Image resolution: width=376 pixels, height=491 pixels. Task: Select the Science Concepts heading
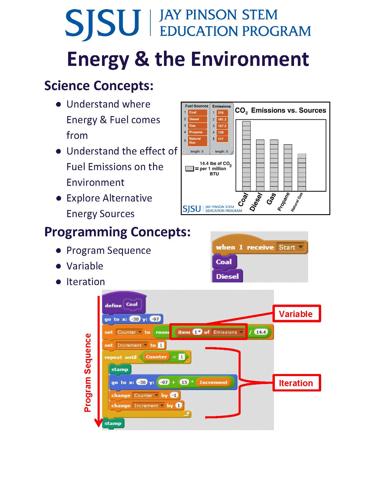click(99, 86)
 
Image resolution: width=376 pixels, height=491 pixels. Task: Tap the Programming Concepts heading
click(117, 232)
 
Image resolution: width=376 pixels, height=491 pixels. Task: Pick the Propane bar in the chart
click(288, 168)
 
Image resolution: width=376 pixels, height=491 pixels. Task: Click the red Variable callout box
click(296, 314)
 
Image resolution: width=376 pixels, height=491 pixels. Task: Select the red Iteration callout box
click(296, 383)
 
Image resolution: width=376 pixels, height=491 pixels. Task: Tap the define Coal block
click(124, 305)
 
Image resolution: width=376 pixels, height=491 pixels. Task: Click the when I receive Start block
click(260, 247)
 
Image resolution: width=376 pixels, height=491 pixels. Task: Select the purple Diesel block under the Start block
click(227, 277)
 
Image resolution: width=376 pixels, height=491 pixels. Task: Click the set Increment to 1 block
click(134, 345)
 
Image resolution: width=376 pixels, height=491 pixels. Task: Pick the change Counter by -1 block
click(145, 395)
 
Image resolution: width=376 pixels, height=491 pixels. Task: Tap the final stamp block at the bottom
click(113, 423)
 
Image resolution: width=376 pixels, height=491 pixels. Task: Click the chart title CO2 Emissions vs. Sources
click(280, 110)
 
